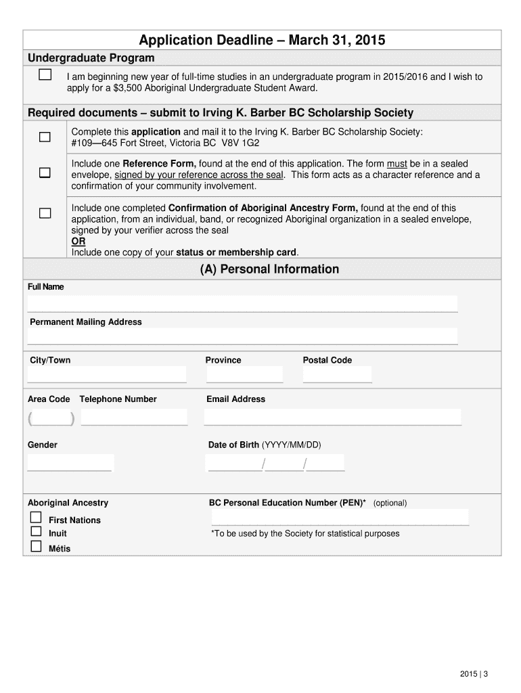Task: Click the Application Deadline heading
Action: pos(262,41)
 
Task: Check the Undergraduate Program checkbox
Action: pos(45,75)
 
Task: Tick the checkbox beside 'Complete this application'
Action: pos(45,137)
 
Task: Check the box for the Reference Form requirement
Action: pos(45,173)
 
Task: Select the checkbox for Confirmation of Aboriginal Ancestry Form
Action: pos(45,214)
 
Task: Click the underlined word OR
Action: pos(78,242)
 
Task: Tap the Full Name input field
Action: pos(242,304)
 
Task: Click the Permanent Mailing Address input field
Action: pos(242,336)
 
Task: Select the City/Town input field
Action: pos(107,374)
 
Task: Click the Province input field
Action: pos(244,374)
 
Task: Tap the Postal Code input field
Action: pos(337,374)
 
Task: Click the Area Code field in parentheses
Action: pos(51,418)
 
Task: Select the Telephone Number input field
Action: pos(134,417)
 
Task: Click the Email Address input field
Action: pos(332,417)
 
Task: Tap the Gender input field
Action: pos(70,463)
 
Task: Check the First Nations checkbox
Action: pos(36,518)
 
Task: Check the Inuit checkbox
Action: pos(36,532)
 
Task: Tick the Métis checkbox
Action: pos(36,547)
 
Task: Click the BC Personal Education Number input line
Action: pos(340,518)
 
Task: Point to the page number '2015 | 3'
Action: pos(474,673)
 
